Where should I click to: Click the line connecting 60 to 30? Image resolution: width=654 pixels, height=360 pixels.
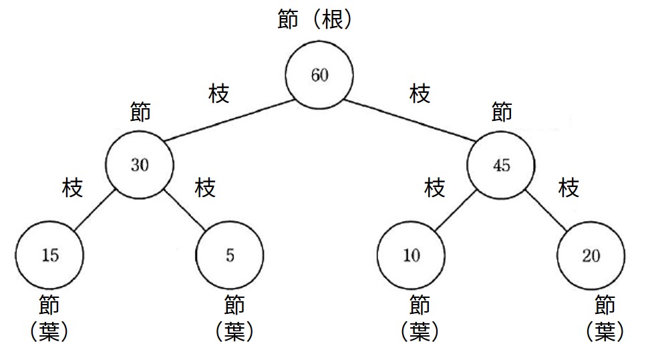pyautogui.click(x=229, y=120)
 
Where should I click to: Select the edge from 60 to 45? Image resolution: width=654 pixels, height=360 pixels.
pyautogui.click(x=410, y=120)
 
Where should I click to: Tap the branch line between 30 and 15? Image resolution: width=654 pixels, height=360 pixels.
pyautogui.click(x=95, y=210)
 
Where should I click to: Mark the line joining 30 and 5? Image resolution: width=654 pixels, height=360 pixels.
pyautogui.click(x=185, y=210)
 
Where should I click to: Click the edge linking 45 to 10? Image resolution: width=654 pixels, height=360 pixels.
pyautogui.click(x=456, y=210)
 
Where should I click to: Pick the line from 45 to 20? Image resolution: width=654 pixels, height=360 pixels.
pyautogui.click(x=546, y=210)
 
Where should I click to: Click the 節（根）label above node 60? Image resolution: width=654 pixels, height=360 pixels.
pyautogui.click(x=315, y=19)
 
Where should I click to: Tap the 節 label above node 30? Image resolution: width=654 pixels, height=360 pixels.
pyautogui.click(x=140, y=112)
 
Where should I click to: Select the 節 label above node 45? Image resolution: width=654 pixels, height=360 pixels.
pyautogui.click(x=502, y=112)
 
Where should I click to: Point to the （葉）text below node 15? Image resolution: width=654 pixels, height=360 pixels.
pyautogui.click(x=49, y=332)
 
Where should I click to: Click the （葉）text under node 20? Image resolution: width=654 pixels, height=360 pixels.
pyautogui.click(x=605, y=332)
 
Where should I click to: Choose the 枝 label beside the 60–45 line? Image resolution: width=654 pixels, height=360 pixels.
pyautogui.click(x=420, y=93)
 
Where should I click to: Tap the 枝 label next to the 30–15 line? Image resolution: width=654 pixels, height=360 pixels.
pyautogui.click(x=72, y=187)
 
